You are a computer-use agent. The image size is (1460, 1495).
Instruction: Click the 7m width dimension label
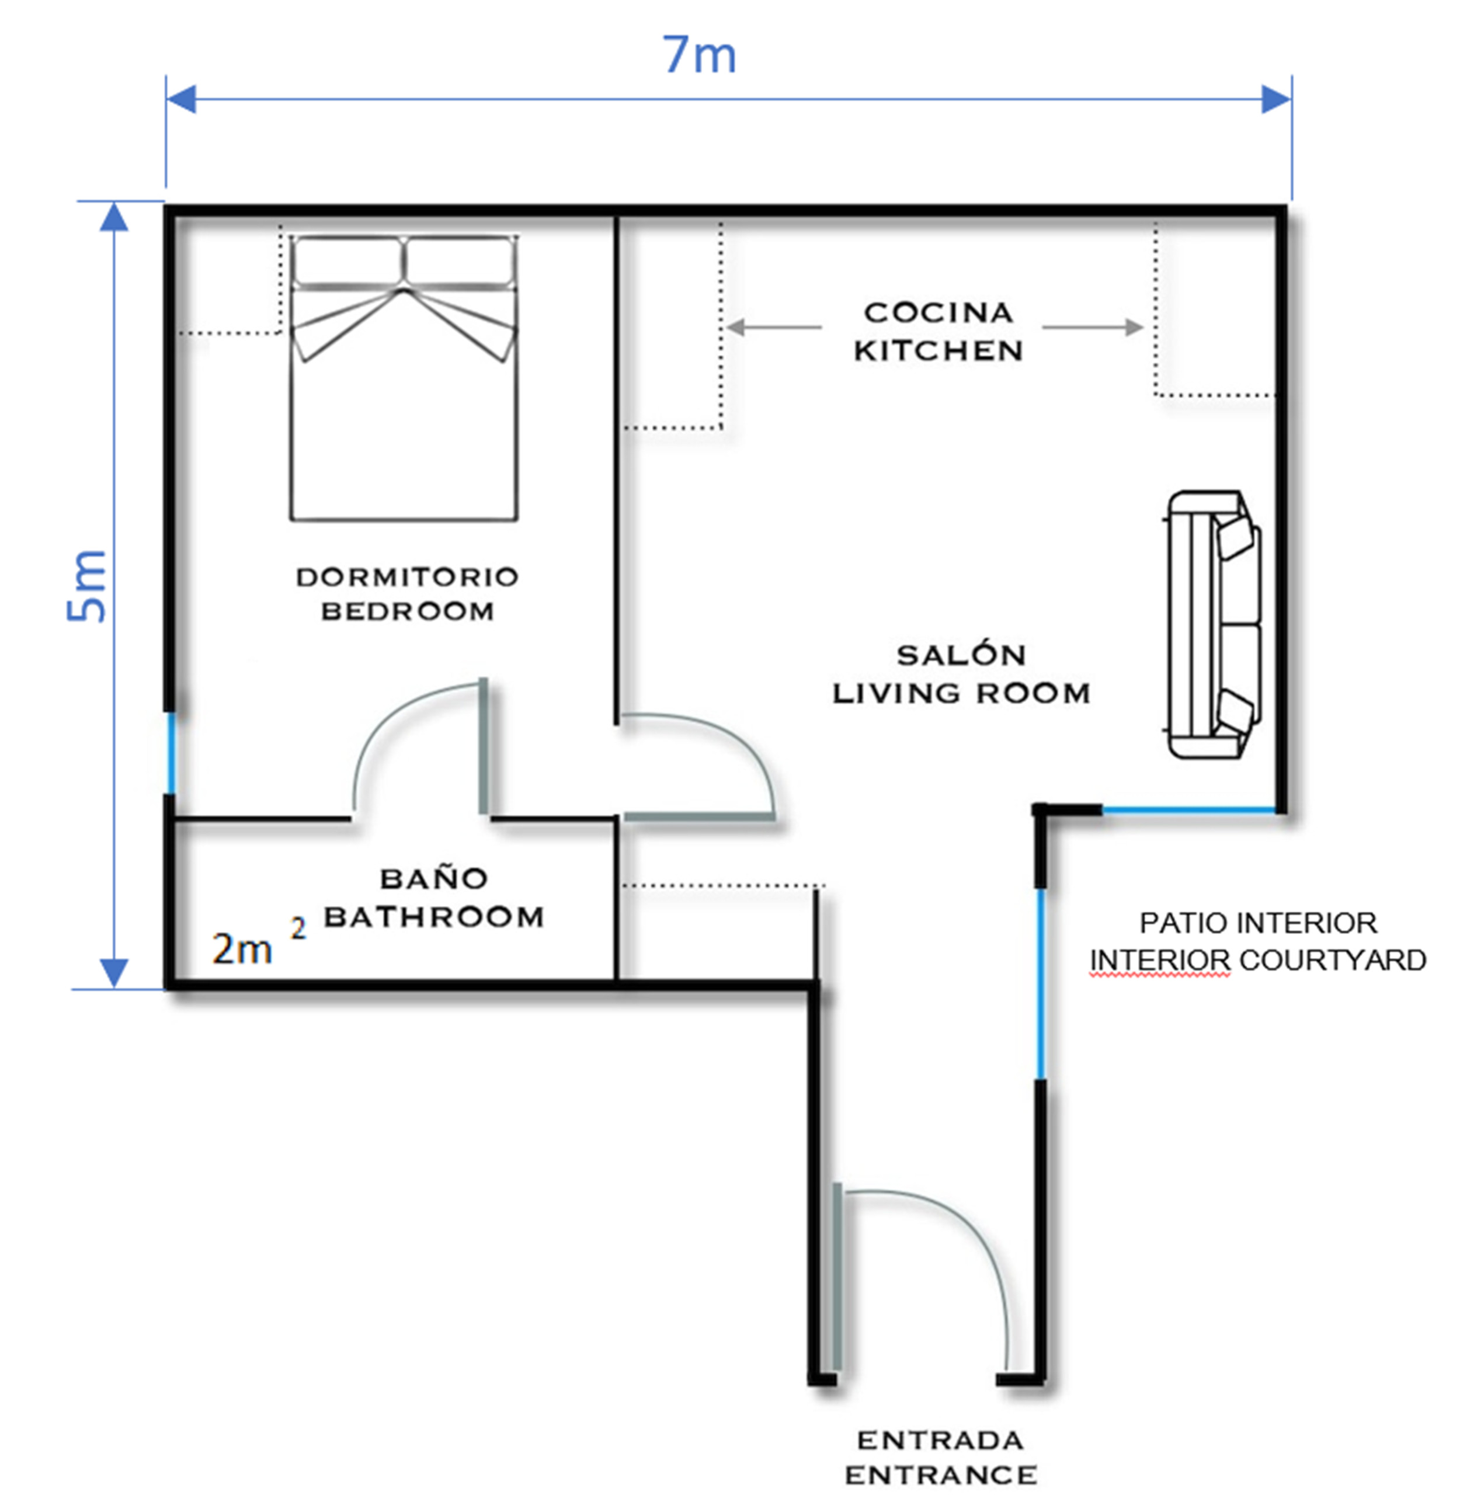coord(698,55)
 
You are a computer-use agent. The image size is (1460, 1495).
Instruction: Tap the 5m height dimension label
coord(86,586)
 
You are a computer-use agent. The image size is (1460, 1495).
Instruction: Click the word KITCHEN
coord(938,351)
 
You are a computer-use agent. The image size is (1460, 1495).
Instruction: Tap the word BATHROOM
coord(434,917)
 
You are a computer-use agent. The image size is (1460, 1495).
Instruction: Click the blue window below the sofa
coord(1188,809)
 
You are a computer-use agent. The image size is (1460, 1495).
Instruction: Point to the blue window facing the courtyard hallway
coord(1041,983)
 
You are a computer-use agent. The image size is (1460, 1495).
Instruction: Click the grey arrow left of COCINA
coord(774,328)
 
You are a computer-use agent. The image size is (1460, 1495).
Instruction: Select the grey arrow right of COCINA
coord(1093,328)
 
